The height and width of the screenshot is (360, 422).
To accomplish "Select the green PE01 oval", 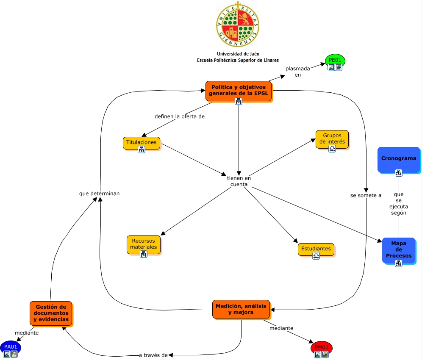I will [x=335, y=60].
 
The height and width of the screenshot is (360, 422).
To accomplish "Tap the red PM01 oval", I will [x=322, y=347].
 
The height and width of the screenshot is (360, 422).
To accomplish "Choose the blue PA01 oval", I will [x=10, y=346].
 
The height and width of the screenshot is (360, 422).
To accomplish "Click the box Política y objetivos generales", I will [x=239, y=90].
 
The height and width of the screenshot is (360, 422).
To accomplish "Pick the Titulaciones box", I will [x=142, y=143].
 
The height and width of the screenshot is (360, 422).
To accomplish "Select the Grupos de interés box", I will [x=332, y=139].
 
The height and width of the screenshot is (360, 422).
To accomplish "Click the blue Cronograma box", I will [x=398, y=159].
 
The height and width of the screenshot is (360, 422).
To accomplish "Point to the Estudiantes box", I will [x=316, y=249].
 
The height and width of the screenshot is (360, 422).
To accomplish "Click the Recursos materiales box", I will [x=143, y=244].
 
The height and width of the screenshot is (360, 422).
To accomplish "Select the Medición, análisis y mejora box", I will [x=241, y=309].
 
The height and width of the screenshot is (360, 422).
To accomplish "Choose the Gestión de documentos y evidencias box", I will [x=50, y=313].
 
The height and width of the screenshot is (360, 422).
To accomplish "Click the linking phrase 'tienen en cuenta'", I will [x=239, y=181].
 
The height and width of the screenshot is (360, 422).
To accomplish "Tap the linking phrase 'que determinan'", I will [x=99, y=194].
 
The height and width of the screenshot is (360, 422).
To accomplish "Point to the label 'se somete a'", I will [x=366, y=195].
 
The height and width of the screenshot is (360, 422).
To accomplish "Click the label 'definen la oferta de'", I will [x=179, y=116].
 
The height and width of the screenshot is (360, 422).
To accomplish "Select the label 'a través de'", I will [x=153, y=355].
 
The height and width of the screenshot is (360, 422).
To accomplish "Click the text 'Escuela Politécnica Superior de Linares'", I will [x=238, y=60].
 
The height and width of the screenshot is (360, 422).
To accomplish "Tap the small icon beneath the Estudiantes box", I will [x=316, y=256].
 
